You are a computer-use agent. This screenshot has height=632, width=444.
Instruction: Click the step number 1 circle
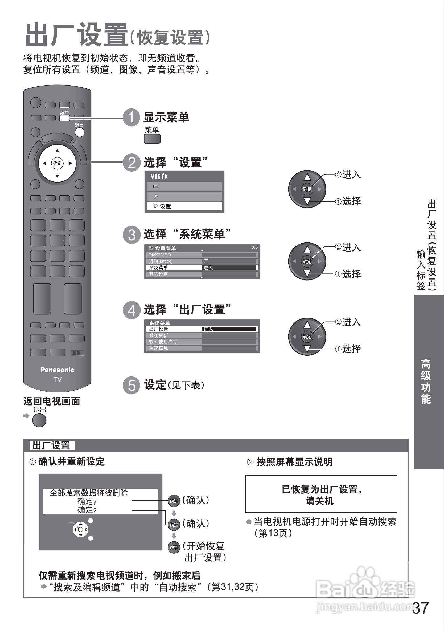131,118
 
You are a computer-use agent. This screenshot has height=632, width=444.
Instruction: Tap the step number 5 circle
131,385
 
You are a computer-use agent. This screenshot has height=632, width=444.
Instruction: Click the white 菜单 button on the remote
65,118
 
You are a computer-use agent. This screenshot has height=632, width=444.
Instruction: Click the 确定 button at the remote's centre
57,163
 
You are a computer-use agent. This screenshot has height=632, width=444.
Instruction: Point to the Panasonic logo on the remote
57,370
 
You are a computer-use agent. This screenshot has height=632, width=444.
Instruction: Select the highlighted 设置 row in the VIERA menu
184,206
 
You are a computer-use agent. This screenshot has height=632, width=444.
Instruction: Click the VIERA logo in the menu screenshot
159,176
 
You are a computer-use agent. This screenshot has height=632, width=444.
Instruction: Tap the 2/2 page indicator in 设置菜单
254,248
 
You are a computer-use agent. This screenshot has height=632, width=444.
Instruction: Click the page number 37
420,608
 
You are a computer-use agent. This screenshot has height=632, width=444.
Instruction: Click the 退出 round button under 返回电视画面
39,420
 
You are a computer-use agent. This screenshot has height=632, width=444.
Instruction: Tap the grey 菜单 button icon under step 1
152,139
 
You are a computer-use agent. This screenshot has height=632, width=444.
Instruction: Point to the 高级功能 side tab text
426,381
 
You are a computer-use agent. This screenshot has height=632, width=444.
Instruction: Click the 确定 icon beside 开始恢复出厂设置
174,548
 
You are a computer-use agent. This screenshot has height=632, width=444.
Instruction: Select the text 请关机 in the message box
319,501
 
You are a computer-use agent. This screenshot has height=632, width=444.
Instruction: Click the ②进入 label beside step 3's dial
348,247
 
